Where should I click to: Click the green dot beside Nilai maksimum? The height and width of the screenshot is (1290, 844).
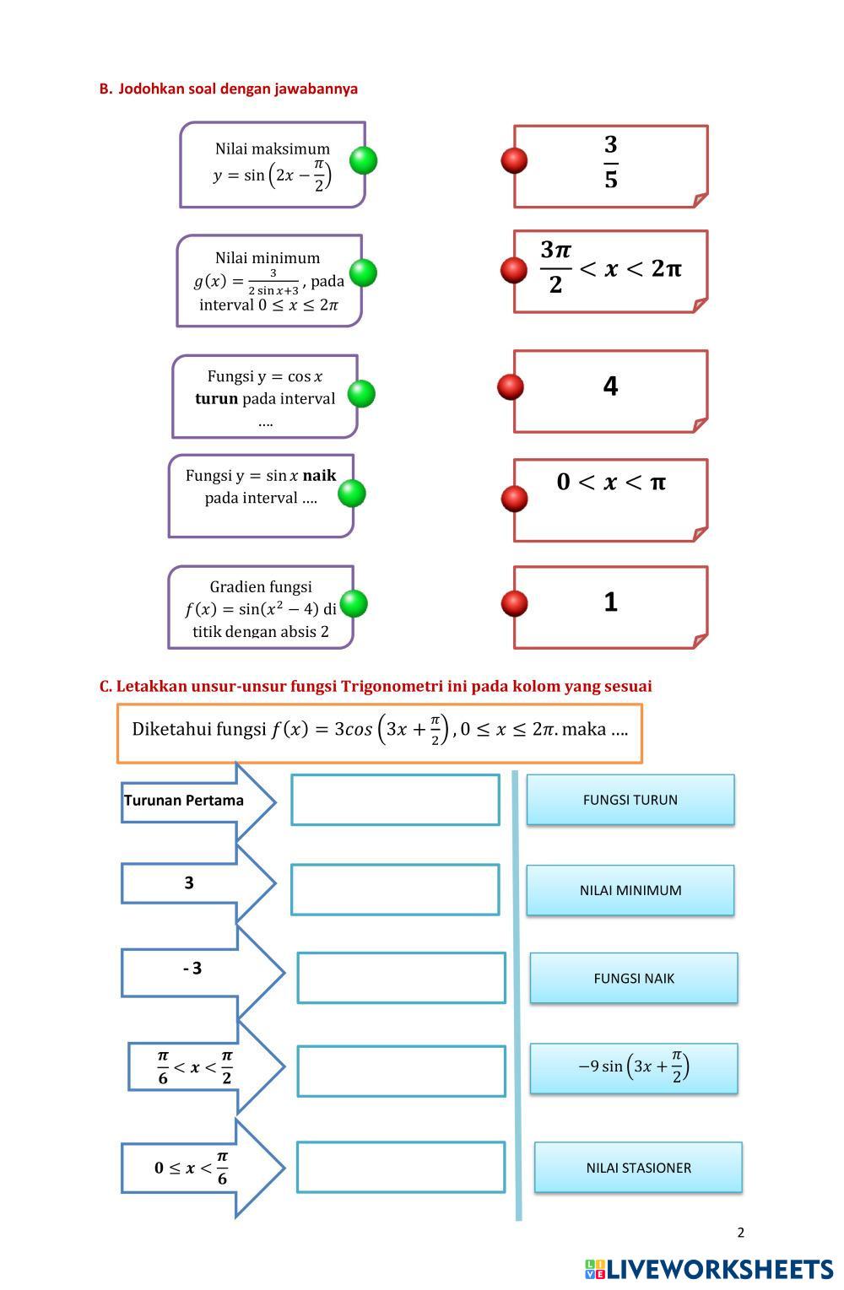363,160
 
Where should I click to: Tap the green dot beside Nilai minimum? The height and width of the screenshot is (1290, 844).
363,273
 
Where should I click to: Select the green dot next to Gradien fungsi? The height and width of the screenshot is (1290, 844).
354,603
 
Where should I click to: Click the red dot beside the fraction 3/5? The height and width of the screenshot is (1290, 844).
514,160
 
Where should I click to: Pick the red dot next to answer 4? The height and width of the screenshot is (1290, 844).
511,386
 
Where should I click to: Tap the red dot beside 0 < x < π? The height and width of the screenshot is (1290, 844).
514,498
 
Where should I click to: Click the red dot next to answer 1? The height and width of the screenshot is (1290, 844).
514,603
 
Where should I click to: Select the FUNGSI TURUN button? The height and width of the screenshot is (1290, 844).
630,800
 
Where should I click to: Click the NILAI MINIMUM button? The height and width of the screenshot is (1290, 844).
630,890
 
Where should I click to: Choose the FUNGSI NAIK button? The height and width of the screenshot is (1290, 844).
634,979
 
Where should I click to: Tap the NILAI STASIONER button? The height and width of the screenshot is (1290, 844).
638,1168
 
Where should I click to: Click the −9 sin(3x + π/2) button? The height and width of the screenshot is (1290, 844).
634,1068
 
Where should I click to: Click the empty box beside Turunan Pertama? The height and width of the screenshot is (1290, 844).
395,800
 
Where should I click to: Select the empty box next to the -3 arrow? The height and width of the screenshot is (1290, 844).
402,978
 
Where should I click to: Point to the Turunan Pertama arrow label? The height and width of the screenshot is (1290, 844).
184,801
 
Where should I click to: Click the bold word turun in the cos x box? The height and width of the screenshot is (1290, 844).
216,398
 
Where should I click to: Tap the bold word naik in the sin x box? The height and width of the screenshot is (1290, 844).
319,475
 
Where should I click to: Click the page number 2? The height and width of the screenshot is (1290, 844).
740,1233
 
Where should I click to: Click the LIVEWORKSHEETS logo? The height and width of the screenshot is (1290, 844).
709,1269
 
